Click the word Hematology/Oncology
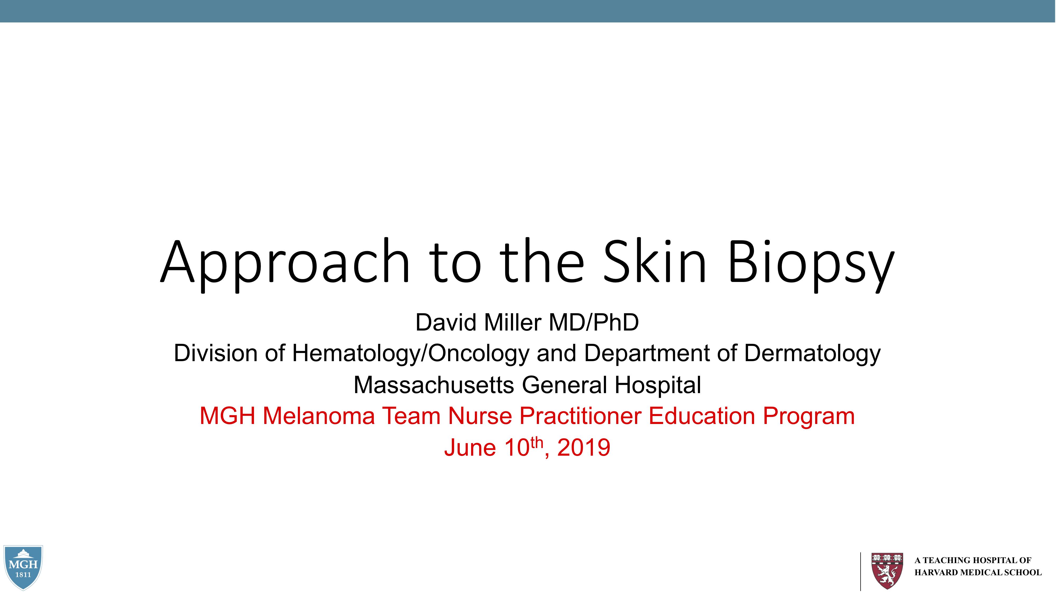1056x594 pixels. [x=410, y=353]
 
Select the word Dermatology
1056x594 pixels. [x=812, y=353]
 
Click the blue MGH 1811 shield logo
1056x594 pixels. [x=23, y=567]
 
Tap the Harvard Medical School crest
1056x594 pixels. [x=887, y=571]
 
